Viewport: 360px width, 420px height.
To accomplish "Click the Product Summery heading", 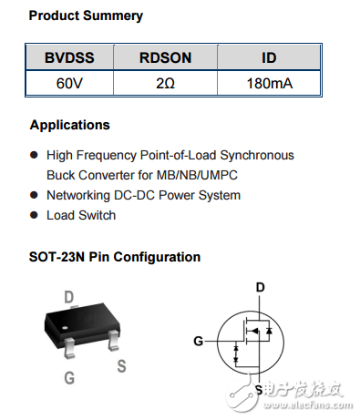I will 86,16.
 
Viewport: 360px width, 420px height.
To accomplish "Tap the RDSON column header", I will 165,58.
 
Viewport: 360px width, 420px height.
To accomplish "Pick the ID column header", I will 269,58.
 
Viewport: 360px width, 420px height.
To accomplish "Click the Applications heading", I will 69,125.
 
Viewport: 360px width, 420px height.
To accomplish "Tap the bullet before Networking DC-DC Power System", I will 35,195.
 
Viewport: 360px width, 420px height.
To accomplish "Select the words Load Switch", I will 81,215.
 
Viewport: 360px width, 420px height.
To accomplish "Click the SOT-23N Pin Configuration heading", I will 115,257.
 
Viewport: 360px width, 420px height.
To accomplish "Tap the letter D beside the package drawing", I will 68,296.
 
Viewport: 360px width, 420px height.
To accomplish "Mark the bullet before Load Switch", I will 35,215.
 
